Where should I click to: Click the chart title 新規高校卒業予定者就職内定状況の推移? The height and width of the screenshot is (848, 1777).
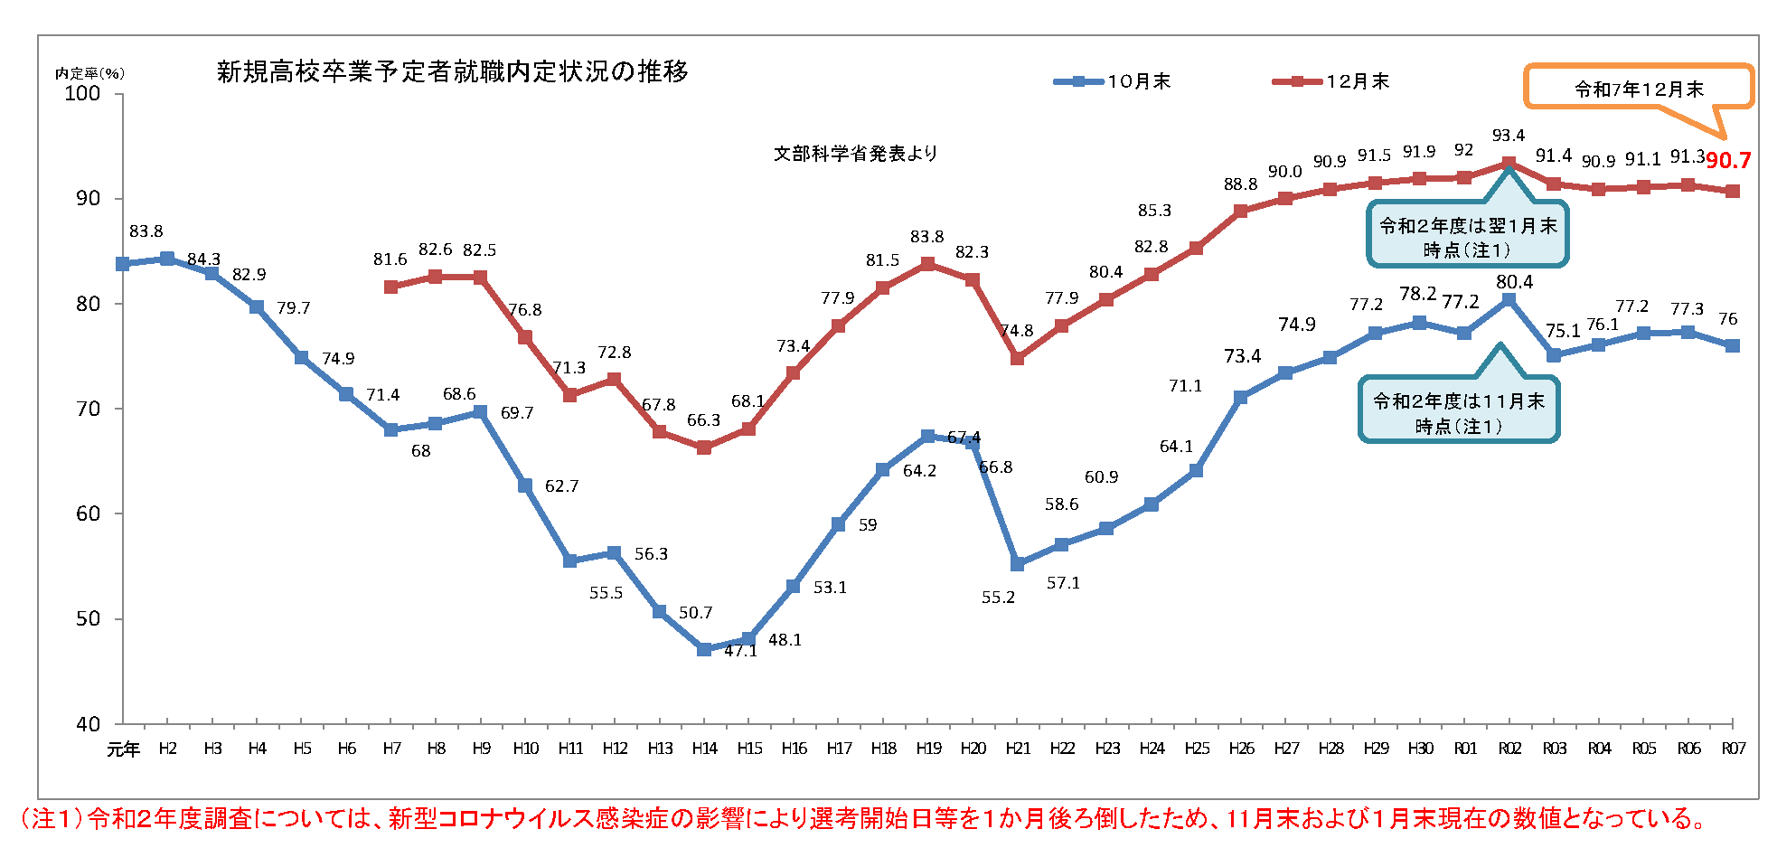point(452,71)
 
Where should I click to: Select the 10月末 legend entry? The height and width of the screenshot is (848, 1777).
point(1112,81)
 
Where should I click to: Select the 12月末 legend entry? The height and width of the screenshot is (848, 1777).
point(1330,81)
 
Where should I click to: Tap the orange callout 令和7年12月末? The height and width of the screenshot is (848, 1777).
point(1638,89)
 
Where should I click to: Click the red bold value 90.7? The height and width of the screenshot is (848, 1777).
point(1728,161)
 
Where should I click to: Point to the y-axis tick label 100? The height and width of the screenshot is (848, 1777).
point(82,94)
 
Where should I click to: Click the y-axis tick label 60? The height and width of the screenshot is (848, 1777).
point(88,514)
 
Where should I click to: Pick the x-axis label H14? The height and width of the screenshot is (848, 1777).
point(704,749)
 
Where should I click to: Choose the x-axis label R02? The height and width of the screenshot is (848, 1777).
point(1509,749)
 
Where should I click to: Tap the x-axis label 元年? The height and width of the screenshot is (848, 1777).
point(123,749)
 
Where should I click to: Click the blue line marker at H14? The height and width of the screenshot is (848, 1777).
point(704,649)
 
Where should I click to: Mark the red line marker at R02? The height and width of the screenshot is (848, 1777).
point(1509,164)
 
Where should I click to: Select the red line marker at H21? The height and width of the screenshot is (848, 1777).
point(1018,358)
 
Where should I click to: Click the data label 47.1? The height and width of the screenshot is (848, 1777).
point(740,651)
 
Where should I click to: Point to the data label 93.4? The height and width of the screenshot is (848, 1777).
point(1509,136)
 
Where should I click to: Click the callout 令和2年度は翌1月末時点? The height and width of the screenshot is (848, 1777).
point(1467,237)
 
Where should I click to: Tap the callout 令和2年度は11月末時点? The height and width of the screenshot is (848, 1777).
point(1458,412)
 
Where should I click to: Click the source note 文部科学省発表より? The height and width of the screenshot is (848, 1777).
point(855,154)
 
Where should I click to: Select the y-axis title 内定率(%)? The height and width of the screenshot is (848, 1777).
point(89,73)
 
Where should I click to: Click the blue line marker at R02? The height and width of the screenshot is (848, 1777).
point(1509,299)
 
